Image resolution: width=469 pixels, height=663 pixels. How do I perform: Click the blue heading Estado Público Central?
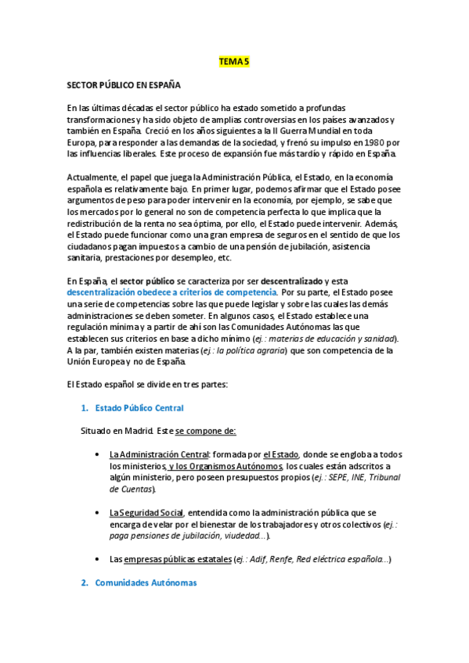(x=139, y=408)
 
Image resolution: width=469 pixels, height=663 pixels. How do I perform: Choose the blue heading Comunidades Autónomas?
(x=146, y=582)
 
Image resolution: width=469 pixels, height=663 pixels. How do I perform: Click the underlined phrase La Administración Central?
(x=158, y=454)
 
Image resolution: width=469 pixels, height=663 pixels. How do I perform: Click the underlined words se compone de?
(x=206, y=431)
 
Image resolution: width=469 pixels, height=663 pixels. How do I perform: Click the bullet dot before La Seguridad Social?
(x=96, y=512)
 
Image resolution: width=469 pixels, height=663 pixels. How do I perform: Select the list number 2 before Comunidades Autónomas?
(x=85, y=582)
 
